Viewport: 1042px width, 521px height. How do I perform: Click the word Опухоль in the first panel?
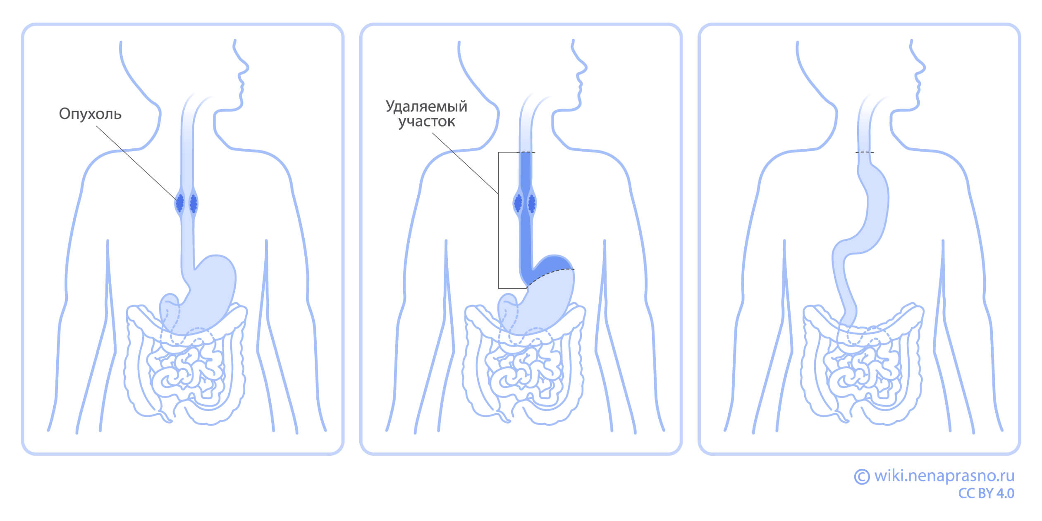click(x=90, y=114)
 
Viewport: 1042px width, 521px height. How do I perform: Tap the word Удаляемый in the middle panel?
click(x=426, y=107)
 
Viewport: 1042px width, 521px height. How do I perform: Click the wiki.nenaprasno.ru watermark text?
click(x=944, y=476)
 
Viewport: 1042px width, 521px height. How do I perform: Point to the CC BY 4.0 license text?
click(x=986, y=493)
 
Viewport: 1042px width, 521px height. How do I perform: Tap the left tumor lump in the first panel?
click(x=179, y=203)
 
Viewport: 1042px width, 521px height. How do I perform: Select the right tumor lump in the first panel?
click(x=193, y=203)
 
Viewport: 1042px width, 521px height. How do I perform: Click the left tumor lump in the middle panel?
click(x=518, y=203)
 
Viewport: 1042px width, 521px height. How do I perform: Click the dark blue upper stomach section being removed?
click(x=550, y=266)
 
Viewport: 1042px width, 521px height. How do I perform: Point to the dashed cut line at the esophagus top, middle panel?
click(x=526, y=152)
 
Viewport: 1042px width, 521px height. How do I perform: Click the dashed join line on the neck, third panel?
click(x=865, y=152)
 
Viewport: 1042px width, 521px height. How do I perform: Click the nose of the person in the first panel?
click(x=247, y=67)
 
